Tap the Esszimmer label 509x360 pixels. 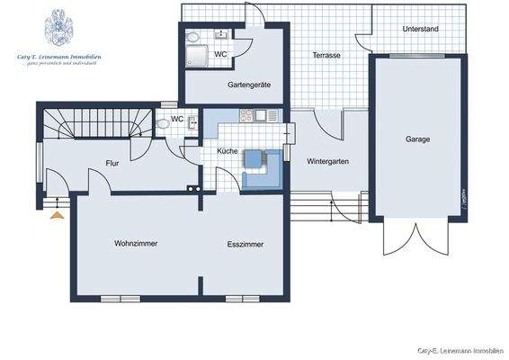click(245, 244)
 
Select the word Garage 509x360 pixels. click(417, 139)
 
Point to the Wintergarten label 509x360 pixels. click(326, 162)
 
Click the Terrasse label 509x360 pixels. click(326, 55)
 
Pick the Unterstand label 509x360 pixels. click(421, 30)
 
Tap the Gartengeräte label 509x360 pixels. click(249, 85)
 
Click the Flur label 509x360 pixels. click(112, 163)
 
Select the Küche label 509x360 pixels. click(228, 151)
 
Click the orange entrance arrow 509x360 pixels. click(58, 215)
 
